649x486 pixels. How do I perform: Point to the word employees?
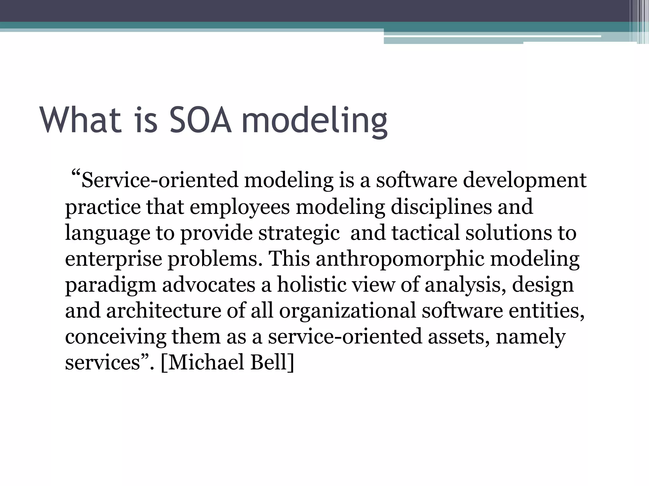[x=240, y=207]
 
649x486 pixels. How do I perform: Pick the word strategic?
[x=299, y=233]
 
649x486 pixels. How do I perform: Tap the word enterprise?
[x=113, y=259]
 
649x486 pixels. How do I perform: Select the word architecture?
[x=164, y=310]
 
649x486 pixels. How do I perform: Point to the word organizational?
[x=347, y=310]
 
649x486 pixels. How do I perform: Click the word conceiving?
[x=115, y=337]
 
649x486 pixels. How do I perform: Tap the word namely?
[x=530, y=337]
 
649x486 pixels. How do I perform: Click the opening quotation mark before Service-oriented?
[x=75, y=174]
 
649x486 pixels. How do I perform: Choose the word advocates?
[x=209, y=284]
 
